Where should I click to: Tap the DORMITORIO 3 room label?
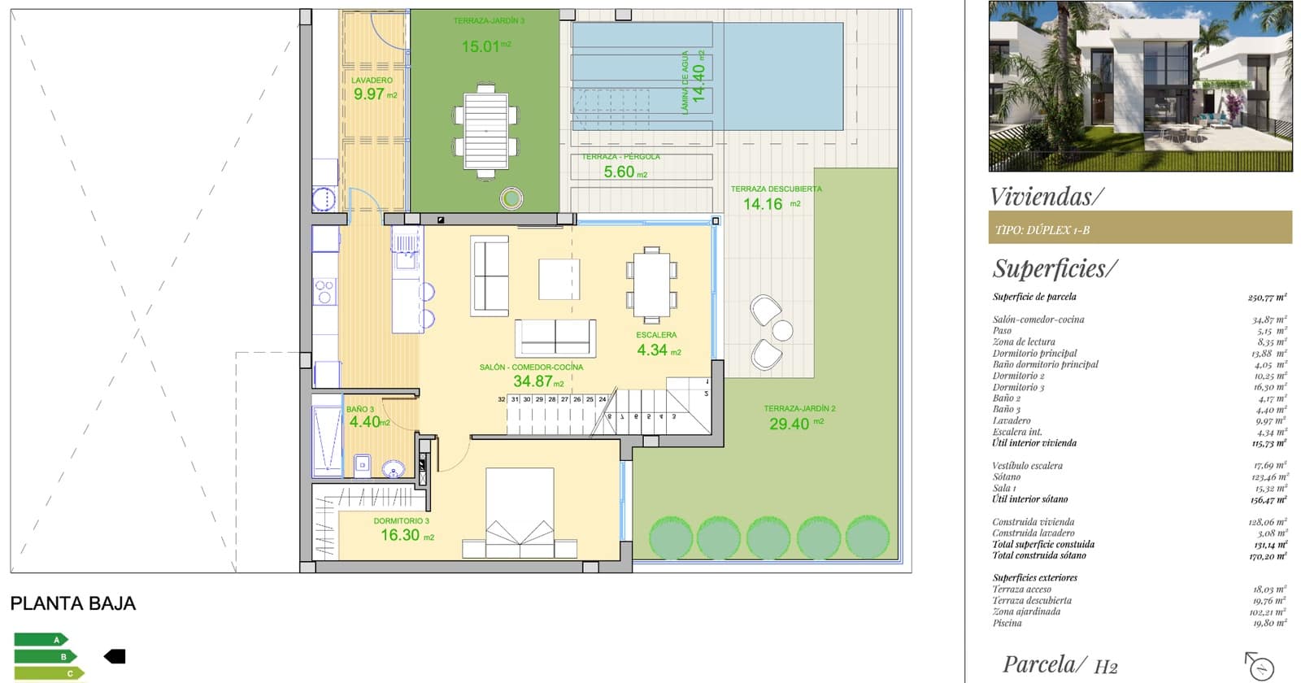[x=401, y=521]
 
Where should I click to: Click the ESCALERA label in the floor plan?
[x=656, y=335]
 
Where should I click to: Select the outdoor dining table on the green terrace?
[x=485, y=131]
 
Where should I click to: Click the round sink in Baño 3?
[x=394, y=468]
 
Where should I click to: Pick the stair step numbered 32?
[x=502, y=399]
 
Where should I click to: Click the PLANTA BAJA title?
[x=72, y=603]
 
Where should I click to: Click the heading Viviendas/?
[x=1046, y=197]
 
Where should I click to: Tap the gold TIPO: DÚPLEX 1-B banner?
[x=1139, y=228]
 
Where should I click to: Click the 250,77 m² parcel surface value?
[x=1267, y=298]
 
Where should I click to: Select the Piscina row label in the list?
[x=1007, y=623]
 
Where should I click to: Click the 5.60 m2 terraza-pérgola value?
[x=624, y=172]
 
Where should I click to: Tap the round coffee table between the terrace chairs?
[x=782, y=330]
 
